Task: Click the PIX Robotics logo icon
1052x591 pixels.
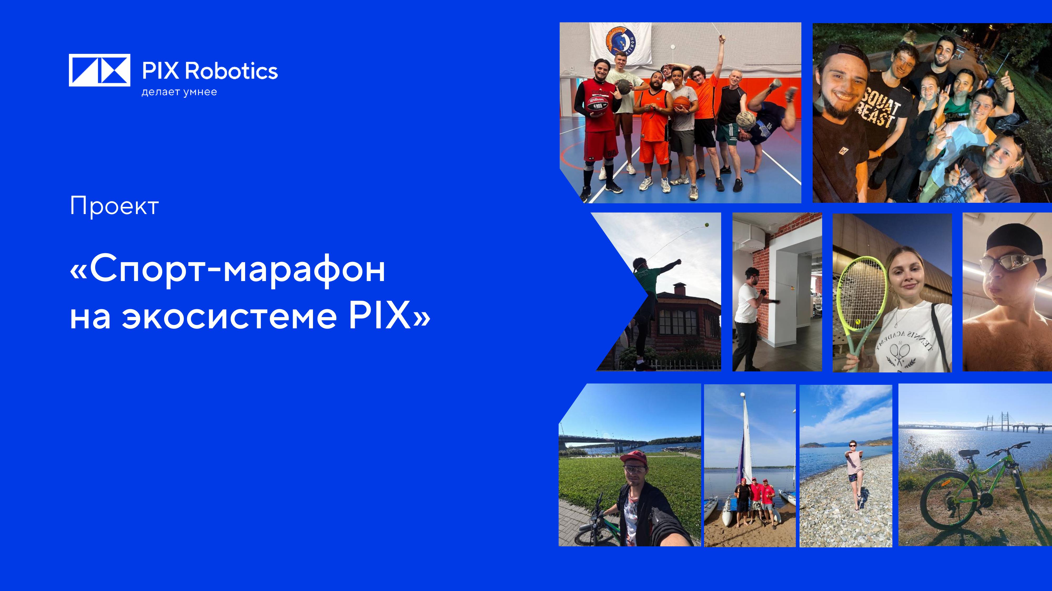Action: click(99, 70)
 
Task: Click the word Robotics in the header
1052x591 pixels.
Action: click(231, 71)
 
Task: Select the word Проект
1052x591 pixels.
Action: click(114, 206)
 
